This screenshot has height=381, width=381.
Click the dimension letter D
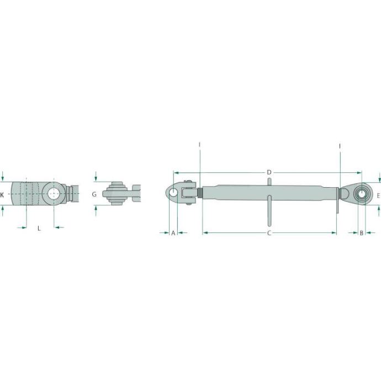(x=269, y=172)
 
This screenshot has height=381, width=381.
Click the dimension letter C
(x=269, y=233)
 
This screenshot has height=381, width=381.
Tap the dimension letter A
(x=173, y=233)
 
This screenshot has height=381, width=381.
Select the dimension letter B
(x=361, y=233)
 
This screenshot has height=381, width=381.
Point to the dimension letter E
(x=378, y=195)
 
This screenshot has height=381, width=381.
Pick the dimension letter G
(x=94, y=194)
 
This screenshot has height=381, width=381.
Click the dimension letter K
(x=2, y=194)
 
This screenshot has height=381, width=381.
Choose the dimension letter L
(x=39, y=228)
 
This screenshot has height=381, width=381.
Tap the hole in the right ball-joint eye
(x=362, y=194)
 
